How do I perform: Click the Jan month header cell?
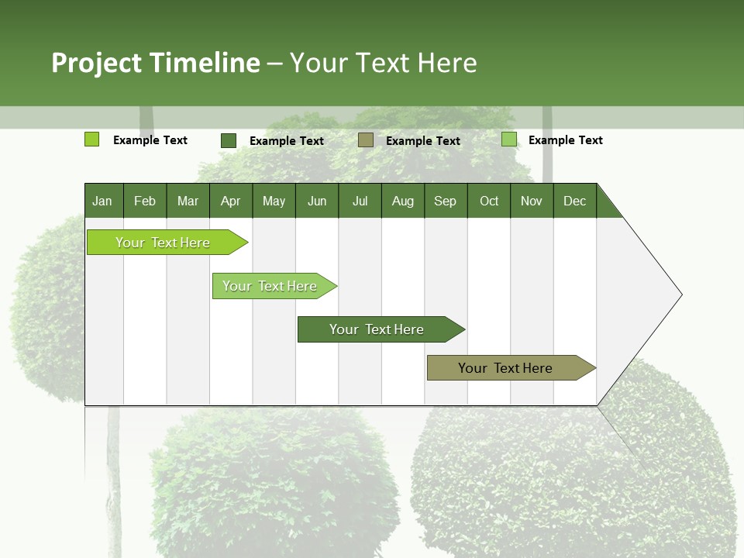pos(103,201)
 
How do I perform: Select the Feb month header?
pos(145,201)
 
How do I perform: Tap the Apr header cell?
pos(231,201)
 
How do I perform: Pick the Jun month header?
pos(317,201)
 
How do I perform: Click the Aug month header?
pos(403,201)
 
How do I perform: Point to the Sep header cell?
pos(446,201)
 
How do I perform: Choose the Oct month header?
pos(489,201)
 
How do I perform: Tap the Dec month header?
pos(575,201)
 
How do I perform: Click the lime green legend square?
pos(92,139)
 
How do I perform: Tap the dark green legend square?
pos(229,140)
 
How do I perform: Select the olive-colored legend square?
pos(366,139)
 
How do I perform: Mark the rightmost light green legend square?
pos(509,139)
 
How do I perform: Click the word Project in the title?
pos(96,63)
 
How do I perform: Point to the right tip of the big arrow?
pos(680,294)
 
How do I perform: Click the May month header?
pos(274,201)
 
